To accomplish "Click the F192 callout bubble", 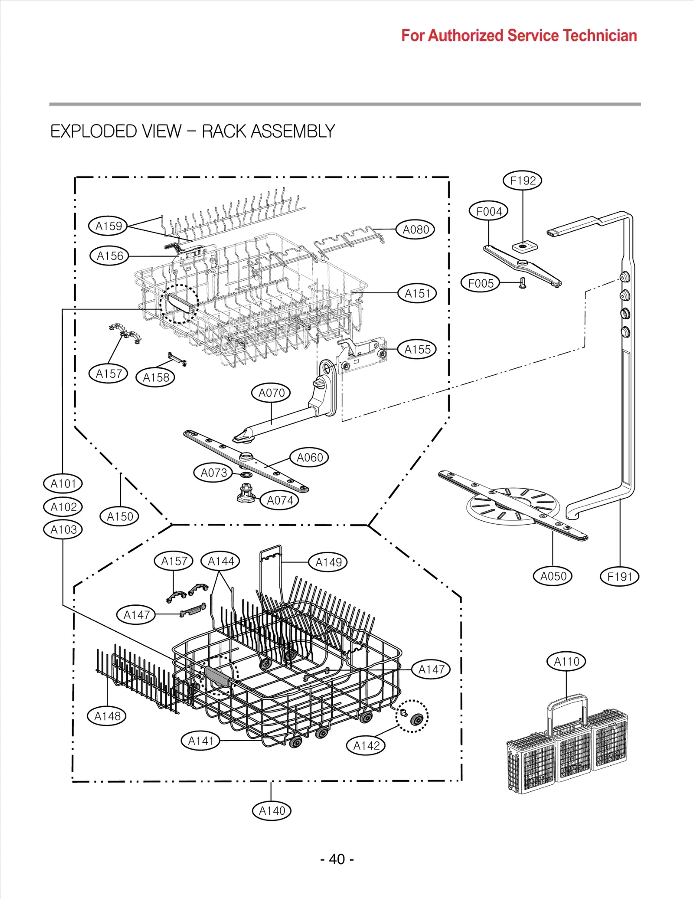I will point(522,180).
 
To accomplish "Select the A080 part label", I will point(415,230).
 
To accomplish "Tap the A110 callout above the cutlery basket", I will point(566,662).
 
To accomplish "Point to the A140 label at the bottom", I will point(272,811).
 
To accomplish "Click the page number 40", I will point(337,859).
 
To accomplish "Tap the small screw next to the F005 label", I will point(523,283).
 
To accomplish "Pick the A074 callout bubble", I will point(280,500).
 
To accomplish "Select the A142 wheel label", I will point(366,746).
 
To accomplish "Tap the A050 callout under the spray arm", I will point(553,576).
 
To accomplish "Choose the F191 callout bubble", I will point(619,577).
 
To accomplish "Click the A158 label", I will point(156,377).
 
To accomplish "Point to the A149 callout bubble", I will point(328,562).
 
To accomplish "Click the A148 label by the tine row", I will point(107,716).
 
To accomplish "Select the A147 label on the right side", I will point(431,669).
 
